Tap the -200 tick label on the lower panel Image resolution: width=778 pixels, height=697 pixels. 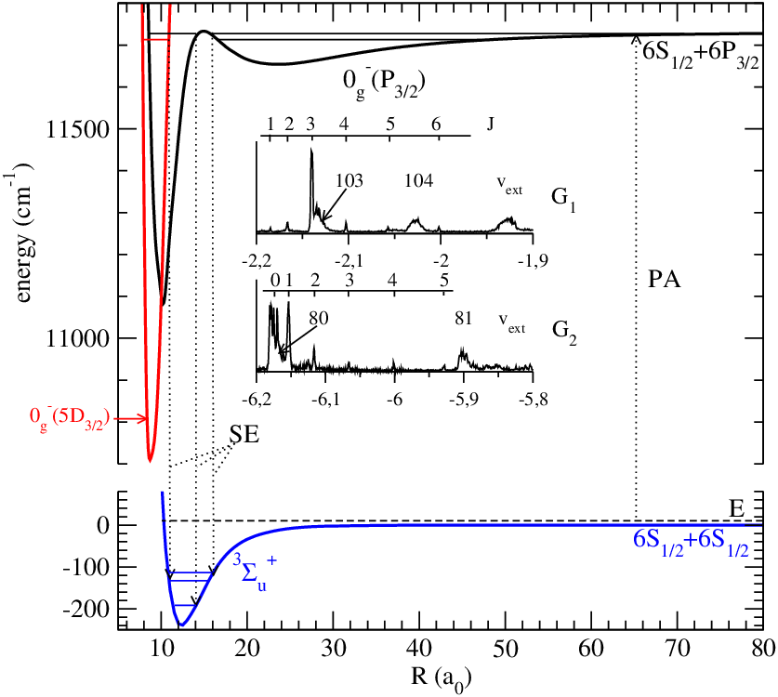(86, 610)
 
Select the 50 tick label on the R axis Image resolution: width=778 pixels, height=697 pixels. (505, 648)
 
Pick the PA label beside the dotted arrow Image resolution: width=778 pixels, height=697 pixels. (665, 280)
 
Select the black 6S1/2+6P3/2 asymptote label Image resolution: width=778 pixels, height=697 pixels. (700, 53)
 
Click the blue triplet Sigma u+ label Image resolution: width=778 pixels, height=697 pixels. (255, 573)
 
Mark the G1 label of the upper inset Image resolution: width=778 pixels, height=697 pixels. (563, 200)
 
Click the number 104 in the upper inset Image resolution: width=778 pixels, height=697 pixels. (418, 180)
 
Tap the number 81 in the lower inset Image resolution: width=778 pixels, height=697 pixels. (463, 318)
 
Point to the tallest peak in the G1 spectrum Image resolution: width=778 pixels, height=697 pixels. (311, 149)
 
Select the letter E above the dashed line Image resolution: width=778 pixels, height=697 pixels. (737, 509)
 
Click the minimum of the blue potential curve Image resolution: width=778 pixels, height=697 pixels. (181, 625)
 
